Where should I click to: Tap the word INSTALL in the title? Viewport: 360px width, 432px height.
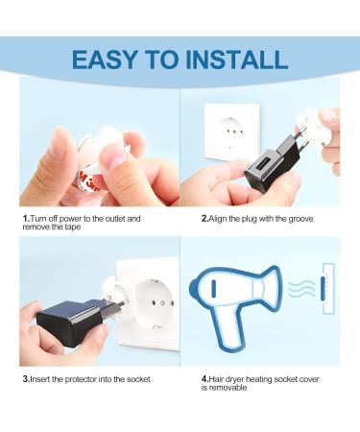(x=237, y=60)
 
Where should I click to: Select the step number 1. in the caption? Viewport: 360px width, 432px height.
(x=26, y=219)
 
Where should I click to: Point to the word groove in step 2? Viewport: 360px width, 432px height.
(x=300, y=219)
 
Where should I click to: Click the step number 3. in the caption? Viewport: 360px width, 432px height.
(x=26, y=379)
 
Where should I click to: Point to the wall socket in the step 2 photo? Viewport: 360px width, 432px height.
(x=232, y=132)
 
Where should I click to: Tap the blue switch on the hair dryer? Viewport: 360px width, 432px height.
(x=213, y=288)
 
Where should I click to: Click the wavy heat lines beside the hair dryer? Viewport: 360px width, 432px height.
(x=301, y=289)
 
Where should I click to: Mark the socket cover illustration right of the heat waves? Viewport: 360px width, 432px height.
(x=328, y=289)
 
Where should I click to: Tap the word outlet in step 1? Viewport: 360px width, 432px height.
(x=115, y=219)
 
